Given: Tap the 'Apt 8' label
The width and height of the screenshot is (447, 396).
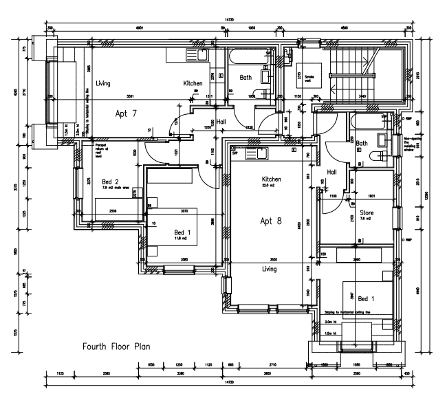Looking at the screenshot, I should (270, 221).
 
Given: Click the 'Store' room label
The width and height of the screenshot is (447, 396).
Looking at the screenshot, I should (366, 212).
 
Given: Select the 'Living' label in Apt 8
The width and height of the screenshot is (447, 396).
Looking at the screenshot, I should (270, 269).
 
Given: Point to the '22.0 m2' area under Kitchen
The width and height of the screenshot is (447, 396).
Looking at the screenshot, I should (268, 185).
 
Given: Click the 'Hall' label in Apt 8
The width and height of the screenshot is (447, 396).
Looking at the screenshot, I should (332, 172).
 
